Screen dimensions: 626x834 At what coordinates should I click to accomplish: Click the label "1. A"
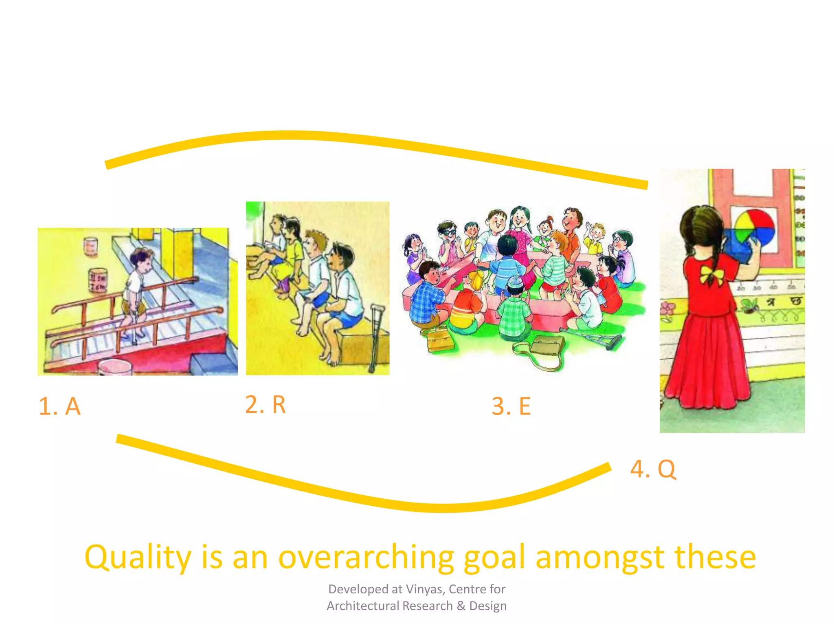pyautogui.click(x=59, y=406)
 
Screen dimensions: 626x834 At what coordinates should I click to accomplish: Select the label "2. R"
pyautogui.click(x=266, y=405)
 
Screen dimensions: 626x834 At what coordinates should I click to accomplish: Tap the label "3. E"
pyautogui.click(x=511, y=406)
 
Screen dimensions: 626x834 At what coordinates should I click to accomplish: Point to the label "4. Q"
pyautogui.click(x=653, y=469)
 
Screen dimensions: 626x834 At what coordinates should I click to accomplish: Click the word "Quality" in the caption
pyautogui.click(x=138, y=557)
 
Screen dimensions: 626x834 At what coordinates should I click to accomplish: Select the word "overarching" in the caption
pyautogui.click(x=366, y=557)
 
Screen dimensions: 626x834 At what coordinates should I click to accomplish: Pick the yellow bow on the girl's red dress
pyautogui.click(x=711, y=274)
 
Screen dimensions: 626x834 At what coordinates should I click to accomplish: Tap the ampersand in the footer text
pyautogui.click(x=461, y=606)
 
